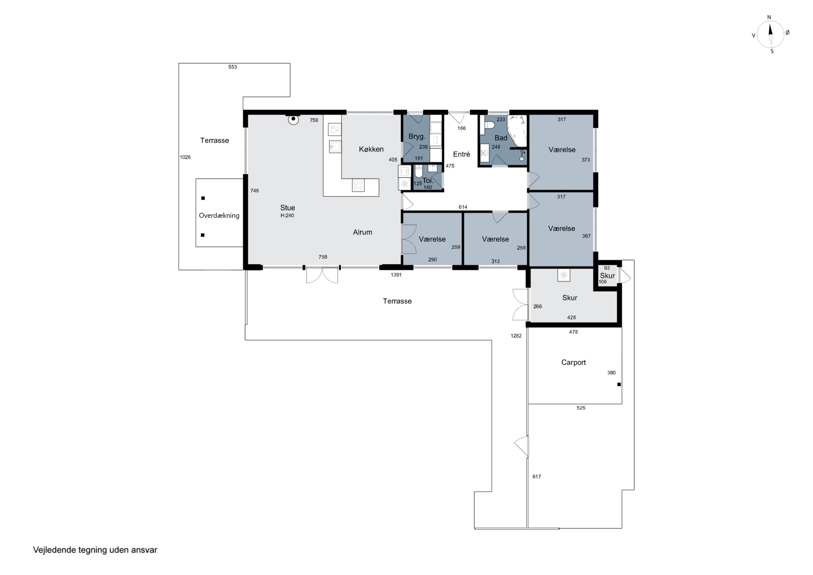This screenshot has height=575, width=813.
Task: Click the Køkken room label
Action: [371, 149]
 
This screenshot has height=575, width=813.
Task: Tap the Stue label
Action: [288, 208]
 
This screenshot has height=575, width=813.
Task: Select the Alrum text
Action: [363, 232]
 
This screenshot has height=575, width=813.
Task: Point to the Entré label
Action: [462, 154]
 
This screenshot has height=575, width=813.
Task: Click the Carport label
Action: [573, 362]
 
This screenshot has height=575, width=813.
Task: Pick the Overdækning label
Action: [219, 216]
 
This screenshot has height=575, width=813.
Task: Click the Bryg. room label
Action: [417, 136]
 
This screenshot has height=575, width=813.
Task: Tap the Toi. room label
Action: [428, 180]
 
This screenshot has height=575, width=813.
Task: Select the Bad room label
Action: [501, 138]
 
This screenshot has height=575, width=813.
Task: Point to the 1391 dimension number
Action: [396, 275]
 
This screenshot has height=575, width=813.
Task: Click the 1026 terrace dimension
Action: [185, 157]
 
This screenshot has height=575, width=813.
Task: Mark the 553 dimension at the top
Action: [232, 67]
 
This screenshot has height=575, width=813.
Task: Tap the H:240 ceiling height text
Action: [287, 216]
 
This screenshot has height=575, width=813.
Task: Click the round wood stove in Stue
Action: [293, 120]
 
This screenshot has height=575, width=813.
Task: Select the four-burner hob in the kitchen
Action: [358, 185]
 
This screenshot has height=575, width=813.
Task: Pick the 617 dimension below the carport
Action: [537, 477]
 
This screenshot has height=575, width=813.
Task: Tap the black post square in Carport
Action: [619, 384]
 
